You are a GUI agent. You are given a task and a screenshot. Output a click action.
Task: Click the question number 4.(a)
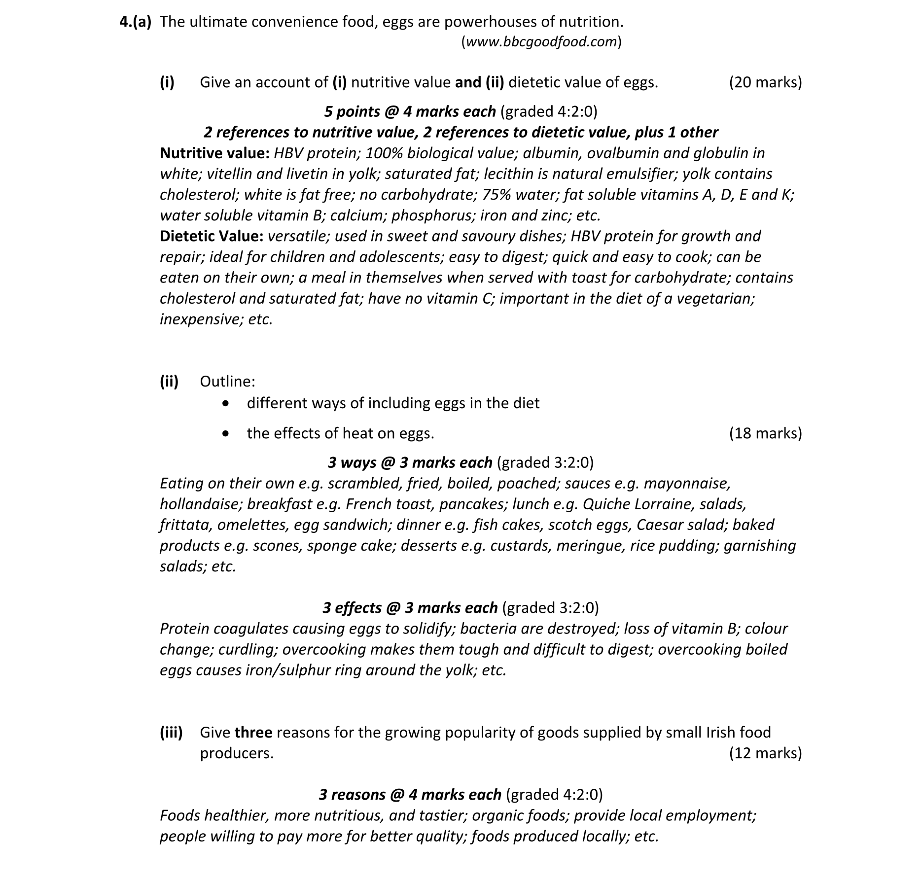click(136, 22)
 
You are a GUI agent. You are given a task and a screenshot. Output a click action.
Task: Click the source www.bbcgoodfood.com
click(541, 42)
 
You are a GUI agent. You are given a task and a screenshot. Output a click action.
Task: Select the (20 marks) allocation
click(765, 82)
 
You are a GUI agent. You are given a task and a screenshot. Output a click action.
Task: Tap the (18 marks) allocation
click(765, 433)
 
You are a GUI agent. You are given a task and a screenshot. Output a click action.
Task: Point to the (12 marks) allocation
click(765, 753)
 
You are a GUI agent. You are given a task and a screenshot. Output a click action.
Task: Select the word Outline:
click(227, 382)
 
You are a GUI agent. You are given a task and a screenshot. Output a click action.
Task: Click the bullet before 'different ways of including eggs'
click(226, 404)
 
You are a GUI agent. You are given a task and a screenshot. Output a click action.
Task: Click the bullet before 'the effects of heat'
click(226, 434)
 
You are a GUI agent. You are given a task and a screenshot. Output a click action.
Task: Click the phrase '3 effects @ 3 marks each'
click(410, 608)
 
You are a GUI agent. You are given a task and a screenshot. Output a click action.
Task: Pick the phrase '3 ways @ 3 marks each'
click(410, 463)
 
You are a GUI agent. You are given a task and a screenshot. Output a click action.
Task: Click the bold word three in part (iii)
click(253, 733)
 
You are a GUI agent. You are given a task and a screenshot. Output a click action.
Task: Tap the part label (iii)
click(171, 733)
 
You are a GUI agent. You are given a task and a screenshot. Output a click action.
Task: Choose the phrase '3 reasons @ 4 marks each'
click(410, 795)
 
